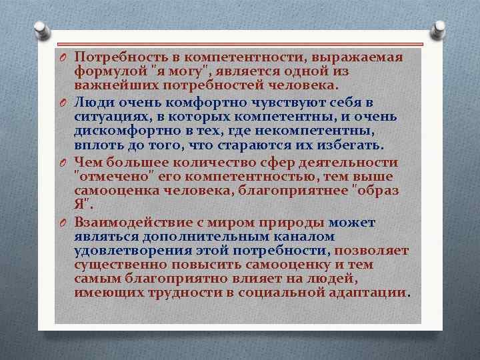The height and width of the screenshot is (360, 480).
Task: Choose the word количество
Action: pyautogui.click(x=223, y=161)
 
